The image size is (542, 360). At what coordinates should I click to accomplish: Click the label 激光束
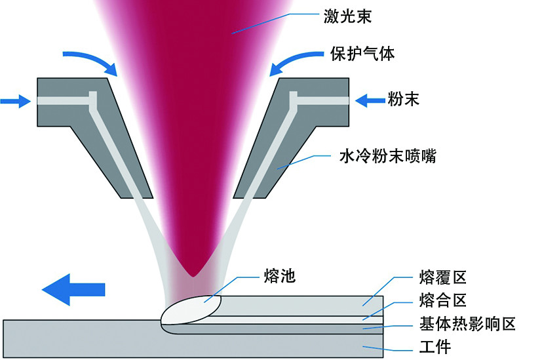[x=348, y=16]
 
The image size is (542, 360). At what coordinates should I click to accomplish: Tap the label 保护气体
[x=361, y=54]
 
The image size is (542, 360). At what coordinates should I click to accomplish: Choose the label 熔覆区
[x=442, y=277]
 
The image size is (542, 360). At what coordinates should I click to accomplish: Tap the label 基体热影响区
[x=468, y=323]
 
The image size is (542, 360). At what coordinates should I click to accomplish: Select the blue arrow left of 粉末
[x=370, y=100]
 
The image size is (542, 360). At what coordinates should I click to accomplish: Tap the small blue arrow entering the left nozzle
[x=16, y=100]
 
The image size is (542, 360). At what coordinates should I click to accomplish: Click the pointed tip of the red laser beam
[x=193, y=273]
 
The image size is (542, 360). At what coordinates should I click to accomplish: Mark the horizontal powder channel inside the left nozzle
[x=66, y=100]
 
